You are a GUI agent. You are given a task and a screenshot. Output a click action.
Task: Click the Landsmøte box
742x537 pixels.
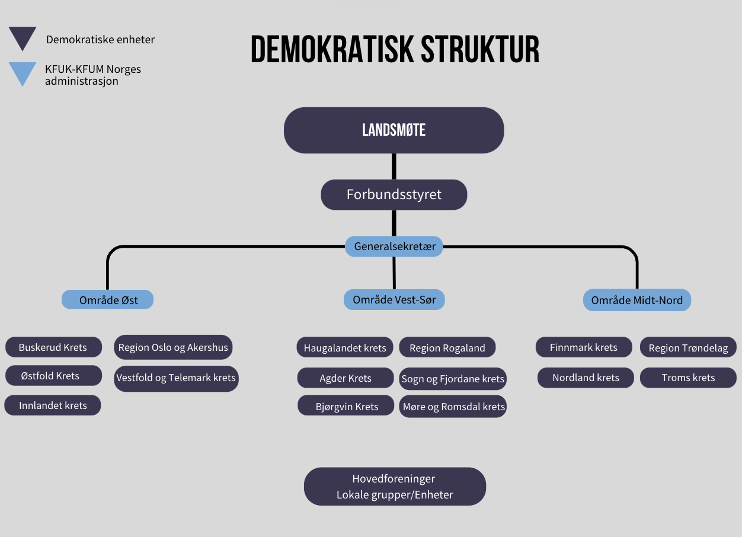click(394, 130)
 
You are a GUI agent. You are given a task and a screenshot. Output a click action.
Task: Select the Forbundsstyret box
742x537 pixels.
click(394, 195)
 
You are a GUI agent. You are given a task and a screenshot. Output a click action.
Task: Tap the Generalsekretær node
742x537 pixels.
click(394, 247)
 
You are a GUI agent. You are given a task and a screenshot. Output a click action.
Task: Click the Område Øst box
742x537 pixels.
click(108, 299)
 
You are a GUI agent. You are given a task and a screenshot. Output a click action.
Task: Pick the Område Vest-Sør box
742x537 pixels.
click(394, 299)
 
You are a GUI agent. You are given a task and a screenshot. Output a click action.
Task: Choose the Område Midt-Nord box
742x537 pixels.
click(637, 300)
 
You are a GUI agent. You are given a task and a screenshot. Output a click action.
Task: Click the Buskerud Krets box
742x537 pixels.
click(54, 347)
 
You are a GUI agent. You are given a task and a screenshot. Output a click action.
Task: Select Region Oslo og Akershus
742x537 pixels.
click(173, 347)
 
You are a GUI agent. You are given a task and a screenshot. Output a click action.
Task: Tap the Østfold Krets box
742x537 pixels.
click(54, 376)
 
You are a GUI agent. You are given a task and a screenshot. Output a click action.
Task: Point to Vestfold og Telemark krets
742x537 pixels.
click(176, 378)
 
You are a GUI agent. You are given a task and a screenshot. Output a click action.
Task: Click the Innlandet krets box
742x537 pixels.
click(53, 405)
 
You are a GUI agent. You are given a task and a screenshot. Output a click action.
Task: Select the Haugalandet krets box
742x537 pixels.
click(345, 347)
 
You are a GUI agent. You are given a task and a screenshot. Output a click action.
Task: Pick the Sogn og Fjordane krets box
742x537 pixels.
click(453, 379)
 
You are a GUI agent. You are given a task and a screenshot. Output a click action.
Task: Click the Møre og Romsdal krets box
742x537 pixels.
click(453, 407)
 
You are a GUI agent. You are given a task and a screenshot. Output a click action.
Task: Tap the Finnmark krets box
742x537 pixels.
click(584, 347)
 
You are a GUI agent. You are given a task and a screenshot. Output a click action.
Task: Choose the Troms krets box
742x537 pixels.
click(688, 378)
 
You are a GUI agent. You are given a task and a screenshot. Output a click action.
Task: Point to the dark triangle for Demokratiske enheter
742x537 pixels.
click(23, 36)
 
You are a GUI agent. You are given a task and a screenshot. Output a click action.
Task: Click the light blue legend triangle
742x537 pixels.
click(23, 72)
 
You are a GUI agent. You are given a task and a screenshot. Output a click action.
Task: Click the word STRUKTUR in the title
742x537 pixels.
click(480, 49)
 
